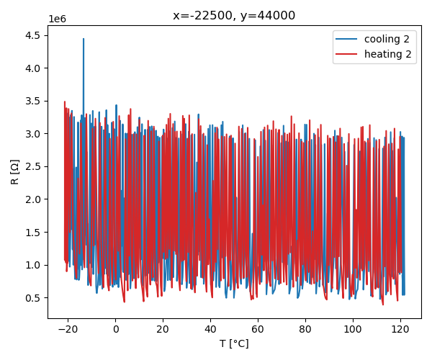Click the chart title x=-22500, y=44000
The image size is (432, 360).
(x=234, y=15)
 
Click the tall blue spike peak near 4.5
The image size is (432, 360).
(x=84, y=39)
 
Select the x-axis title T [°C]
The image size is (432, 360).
(x=234, y=344)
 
